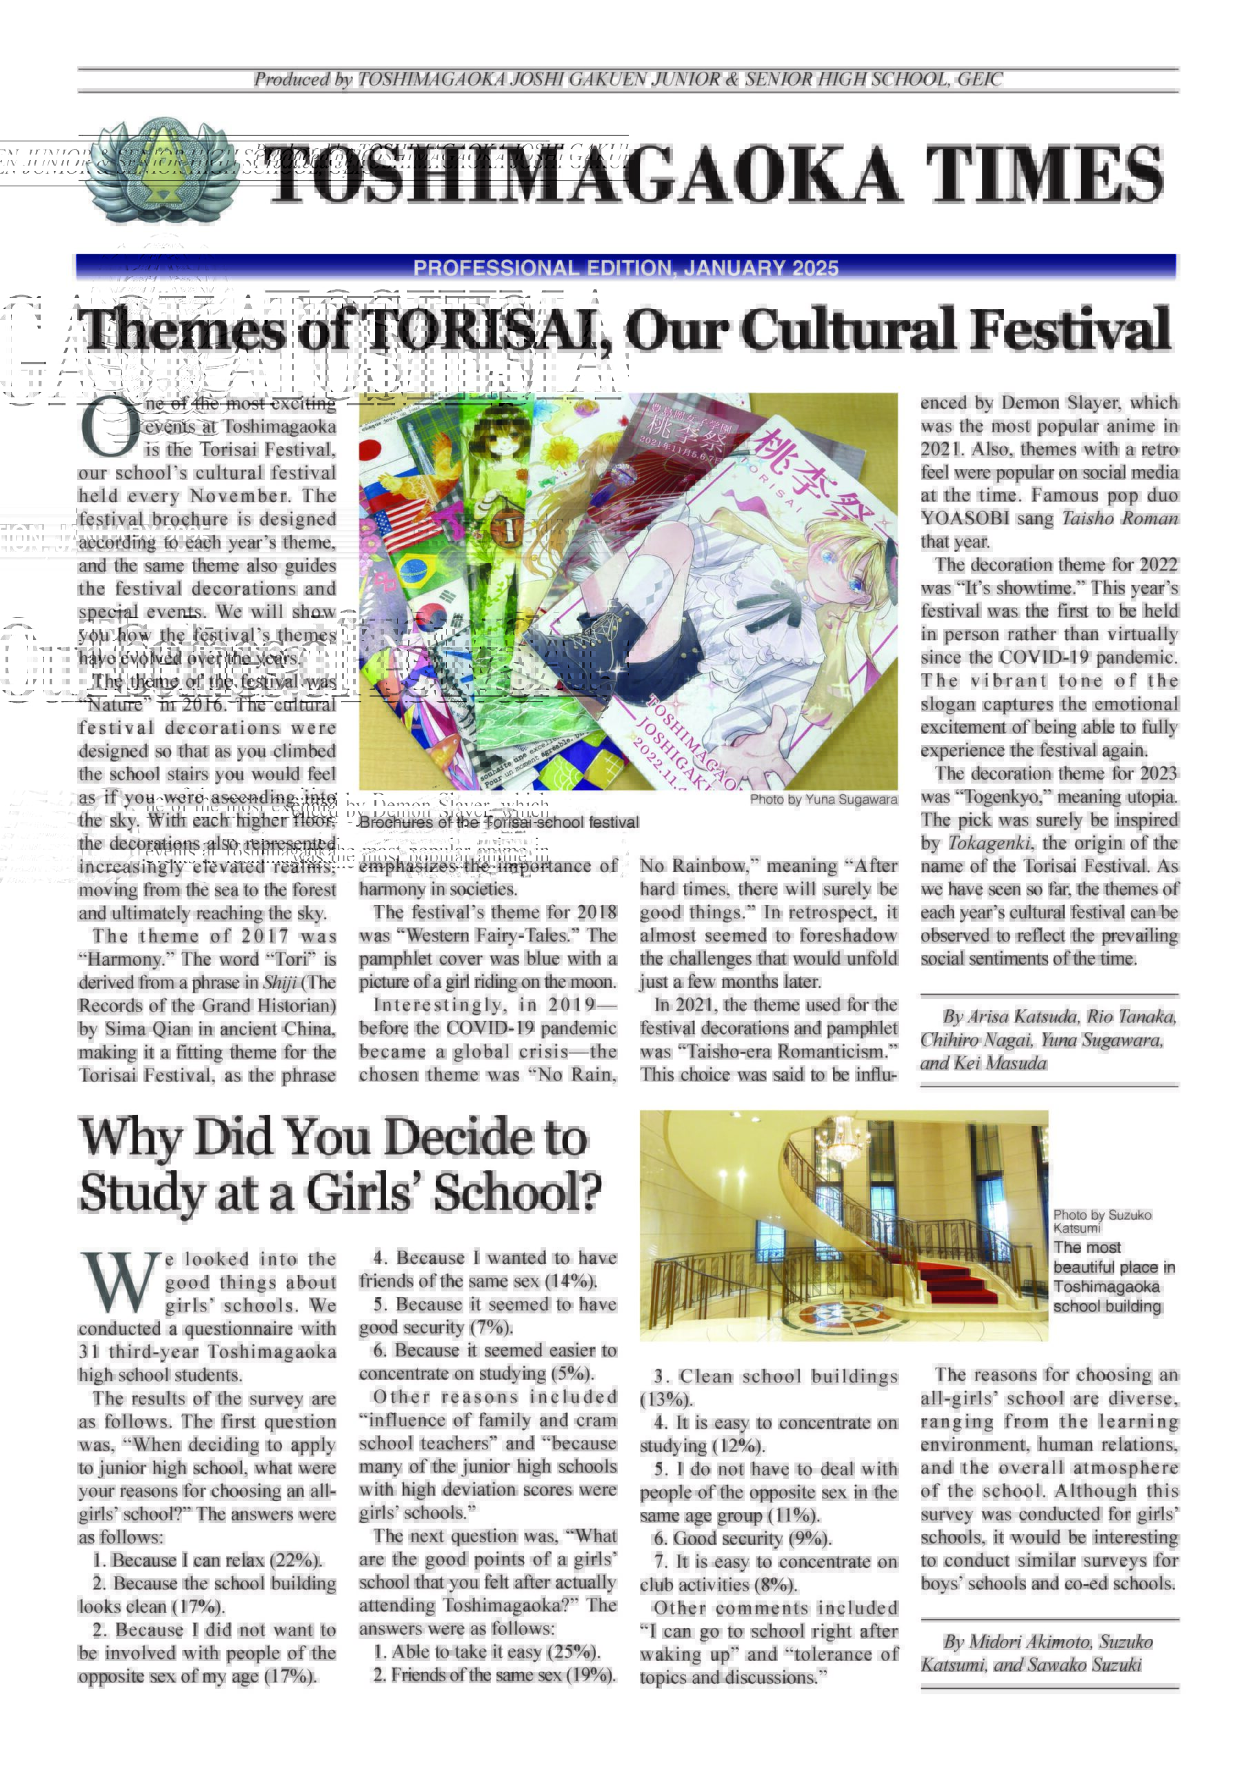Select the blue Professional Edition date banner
coord(625,267)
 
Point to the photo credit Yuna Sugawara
coord(823,799)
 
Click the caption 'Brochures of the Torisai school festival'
coord(499,822)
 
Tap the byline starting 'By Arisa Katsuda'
coord(1048,1039)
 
